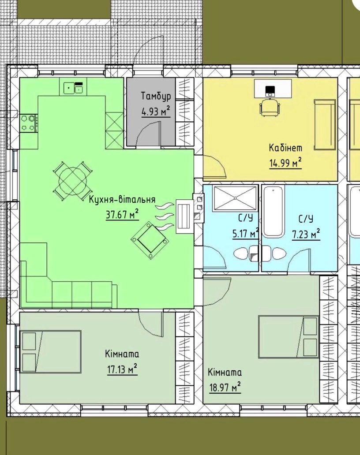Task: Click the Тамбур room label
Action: pos(156,97)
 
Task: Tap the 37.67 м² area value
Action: pos(122,215)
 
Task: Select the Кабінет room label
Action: pos(286,148)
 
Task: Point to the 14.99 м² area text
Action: pos(286,163)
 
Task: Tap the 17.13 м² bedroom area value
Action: pos(122,369)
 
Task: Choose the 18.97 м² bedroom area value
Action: pos(225,388)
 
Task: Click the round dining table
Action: pos(73,180)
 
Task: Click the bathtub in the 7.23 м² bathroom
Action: pos(273,212)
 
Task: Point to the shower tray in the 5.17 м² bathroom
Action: pos(235,198)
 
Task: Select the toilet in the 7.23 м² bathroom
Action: pos(274,254)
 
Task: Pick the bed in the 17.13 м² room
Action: pos(50,351)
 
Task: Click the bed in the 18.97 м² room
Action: pos(289,337)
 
